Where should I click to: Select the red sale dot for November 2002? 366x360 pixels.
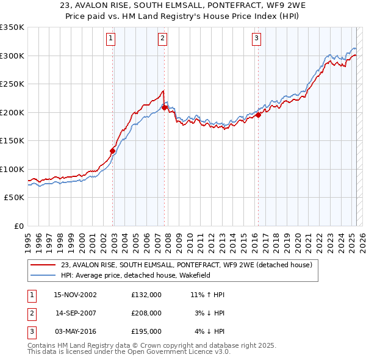click(113, 151)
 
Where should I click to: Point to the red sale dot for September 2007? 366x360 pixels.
click(165, 107)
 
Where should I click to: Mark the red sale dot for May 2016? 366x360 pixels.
click(258, 115)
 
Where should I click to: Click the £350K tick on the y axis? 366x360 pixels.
click(12, 27)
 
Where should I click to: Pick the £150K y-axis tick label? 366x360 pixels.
click(12, 141)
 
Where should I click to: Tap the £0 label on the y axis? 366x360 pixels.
click(18, 226)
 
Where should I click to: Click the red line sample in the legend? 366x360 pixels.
click(43, 265)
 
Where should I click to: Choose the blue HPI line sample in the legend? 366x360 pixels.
click(43, 275)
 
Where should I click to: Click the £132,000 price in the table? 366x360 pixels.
click(146, 295)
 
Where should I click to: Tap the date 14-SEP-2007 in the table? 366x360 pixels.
click(76, 313)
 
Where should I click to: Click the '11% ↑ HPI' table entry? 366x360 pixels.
click(207, 295)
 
